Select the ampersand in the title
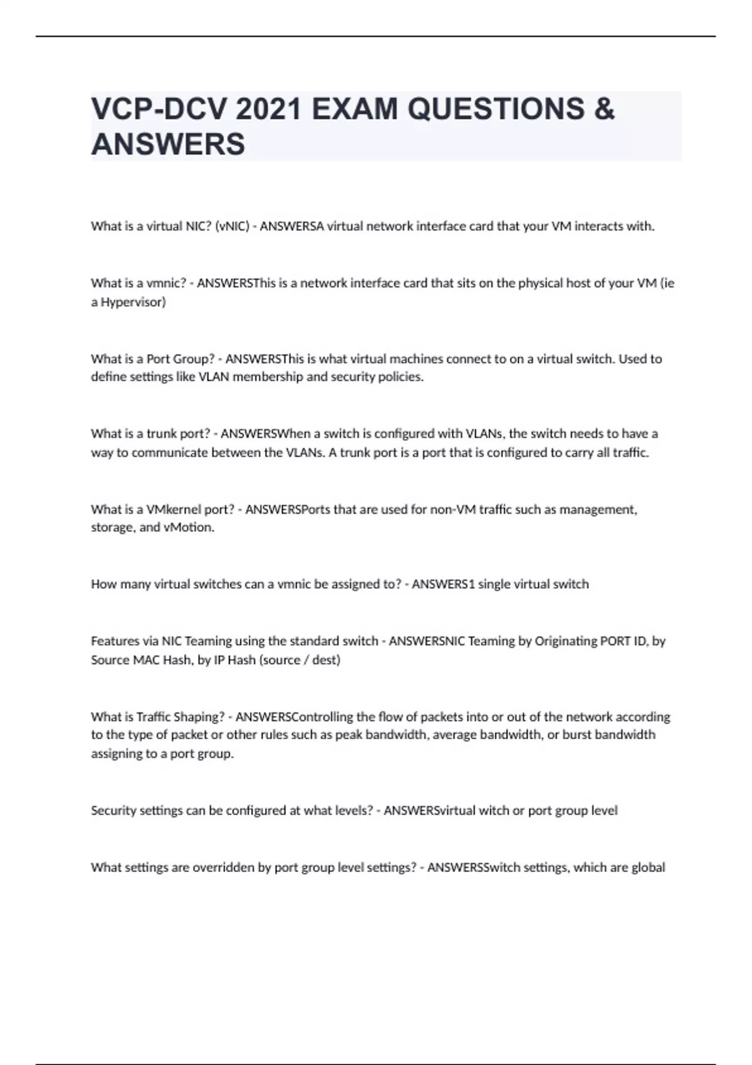coord(603,109)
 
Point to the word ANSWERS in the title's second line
coord(168,144)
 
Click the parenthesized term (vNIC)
coord(232,226)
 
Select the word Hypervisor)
coord(133,302)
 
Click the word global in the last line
coord(647,868)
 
